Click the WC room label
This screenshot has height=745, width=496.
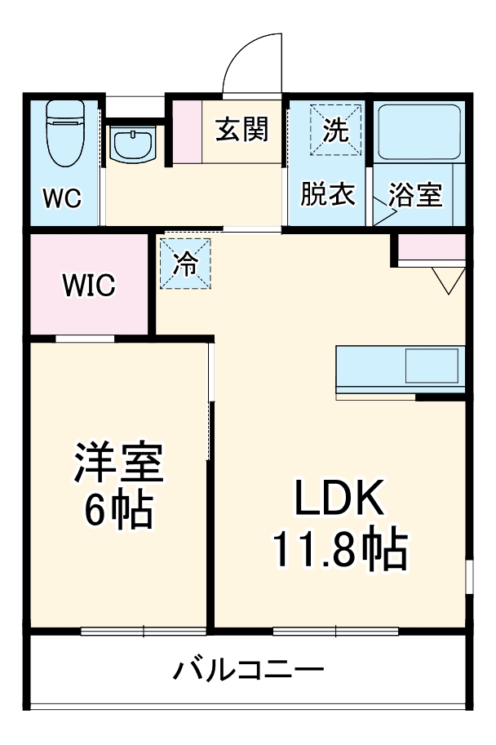(62, 199)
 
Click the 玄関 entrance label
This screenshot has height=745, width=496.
(242, 129)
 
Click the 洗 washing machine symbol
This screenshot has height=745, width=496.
(335, 130)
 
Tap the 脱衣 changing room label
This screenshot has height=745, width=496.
(327, 195)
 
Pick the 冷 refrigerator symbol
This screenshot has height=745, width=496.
(186, 263)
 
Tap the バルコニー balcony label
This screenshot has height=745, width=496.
(248, 672)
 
